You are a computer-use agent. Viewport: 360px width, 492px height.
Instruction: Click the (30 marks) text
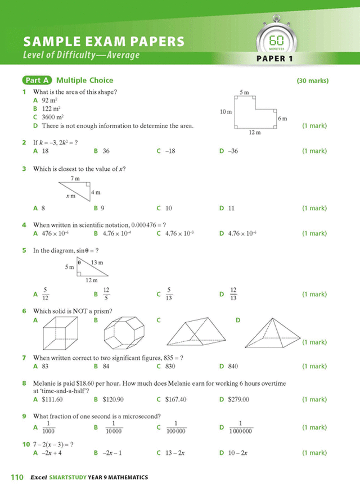pos(312,81)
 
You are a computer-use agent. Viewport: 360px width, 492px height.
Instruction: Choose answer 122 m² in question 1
pos(51,109)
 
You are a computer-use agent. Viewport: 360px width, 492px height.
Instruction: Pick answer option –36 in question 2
pos(233,151)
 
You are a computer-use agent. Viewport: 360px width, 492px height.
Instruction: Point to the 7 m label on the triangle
pos(75,178)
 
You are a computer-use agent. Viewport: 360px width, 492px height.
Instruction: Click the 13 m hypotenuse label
pos(97,263)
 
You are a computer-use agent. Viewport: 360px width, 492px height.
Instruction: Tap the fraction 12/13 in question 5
pos(233,294)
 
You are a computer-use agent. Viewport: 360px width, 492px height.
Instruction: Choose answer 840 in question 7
pos(232,367)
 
